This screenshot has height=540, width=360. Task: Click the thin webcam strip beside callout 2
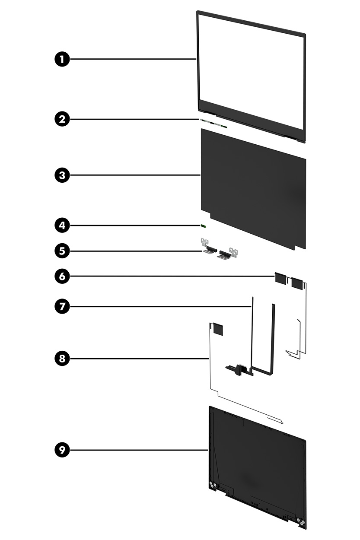(x=213, y=124)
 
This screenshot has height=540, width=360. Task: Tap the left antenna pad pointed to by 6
(x=280, y=278)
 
